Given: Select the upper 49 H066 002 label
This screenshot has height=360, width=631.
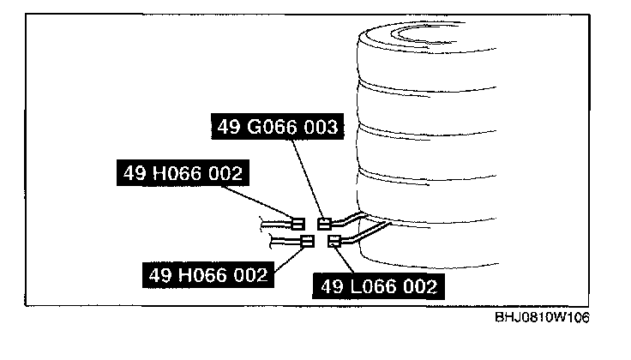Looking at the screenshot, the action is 180,174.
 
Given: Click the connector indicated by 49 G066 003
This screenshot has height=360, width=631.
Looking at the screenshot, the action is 324,224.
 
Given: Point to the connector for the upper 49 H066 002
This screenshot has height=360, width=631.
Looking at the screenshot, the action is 298,223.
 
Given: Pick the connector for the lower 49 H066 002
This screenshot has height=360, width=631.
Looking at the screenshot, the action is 307,243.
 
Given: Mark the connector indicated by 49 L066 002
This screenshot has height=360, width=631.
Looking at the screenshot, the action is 334,241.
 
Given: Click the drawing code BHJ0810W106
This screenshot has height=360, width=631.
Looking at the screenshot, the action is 542,317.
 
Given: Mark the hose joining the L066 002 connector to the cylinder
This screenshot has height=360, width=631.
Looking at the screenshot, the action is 364,231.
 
